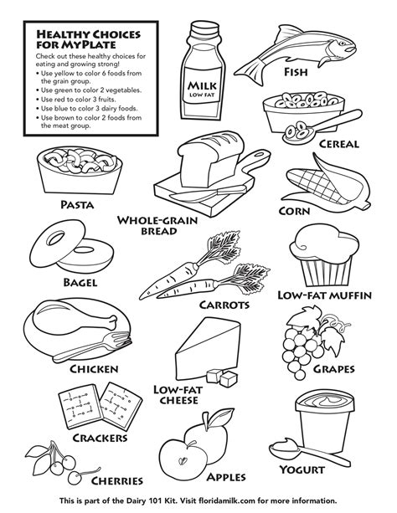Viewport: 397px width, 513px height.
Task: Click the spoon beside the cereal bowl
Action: coord(305,128)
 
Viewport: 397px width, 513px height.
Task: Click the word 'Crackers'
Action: coord(100,437)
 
